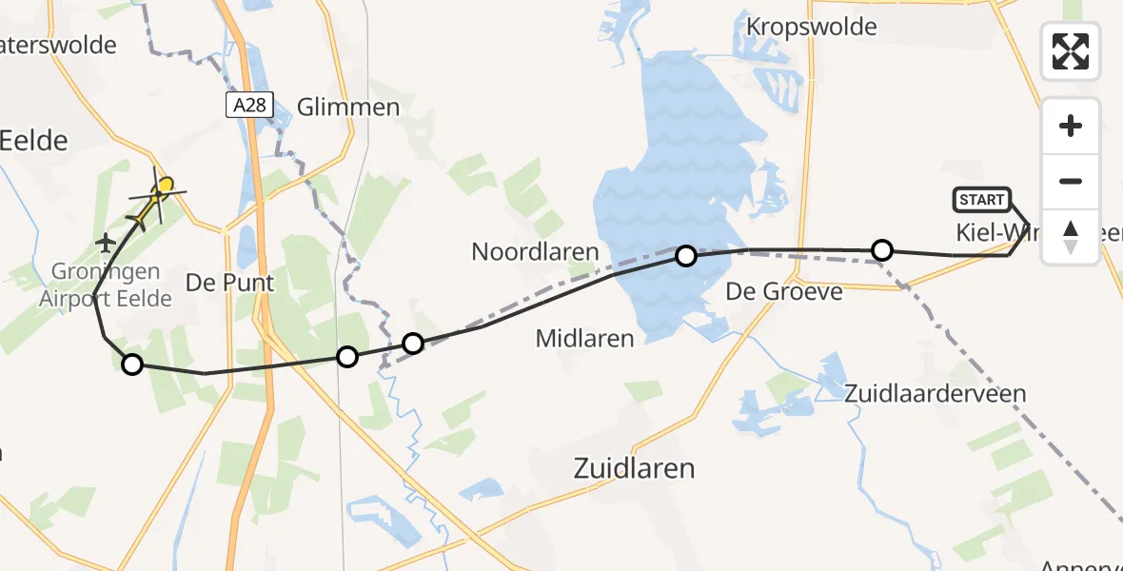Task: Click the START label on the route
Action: click(x=982, y=200)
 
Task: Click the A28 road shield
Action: click(x=249, y=106)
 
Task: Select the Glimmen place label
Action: click(x=348, y=107)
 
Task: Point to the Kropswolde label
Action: click(x=812, y=27)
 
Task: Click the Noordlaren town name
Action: click(x=535, y=252)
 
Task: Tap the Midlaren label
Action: click(x=584, y=338)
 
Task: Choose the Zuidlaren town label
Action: click(x=634, y=468)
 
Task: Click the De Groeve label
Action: click(x=784, y=291)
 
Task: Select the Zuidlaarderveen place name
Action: click(x=936, y=393)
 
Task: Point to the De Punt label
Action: click(x=229, y=283)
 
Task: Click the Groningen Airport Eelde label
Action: click(x=106, y=285)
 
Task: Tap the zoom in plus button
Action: click(x=1071, y=126)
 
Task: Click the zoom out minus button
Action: click(x=1071, y=181)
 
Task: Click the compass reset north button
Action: click(x=1071, y=236)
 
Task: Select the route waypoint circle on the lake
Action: click(x=685, y=256)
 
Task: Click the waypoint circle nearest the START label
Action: click(x=882, y=250)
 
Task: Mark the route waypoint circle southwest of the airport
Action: click(x=132, y=364)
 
